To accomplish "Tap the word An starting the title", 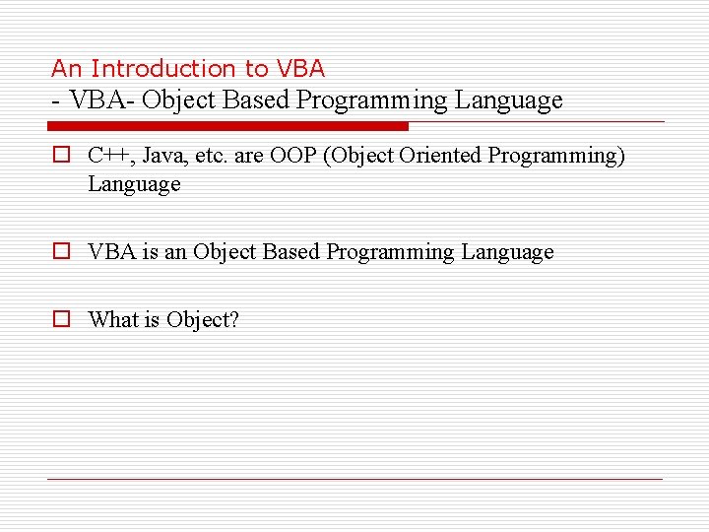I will [x=66, y=68].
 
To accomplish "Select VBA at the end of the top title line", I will [x=300, y=68].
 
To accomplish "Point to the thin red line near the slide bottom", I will [x=354, y=480].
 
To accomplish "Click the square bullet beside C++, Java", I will [x=61, y=156].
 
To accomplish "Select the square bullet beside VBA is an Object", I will [x=61, y=252].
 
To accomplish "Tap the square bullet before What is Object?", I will [x=61, y=319].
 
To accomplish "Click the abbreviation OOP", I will [x=296, y=156].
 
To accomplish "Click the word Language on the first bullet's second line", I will [x=134, y=184].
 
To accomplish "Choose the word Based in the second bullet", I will [x=292, y=252].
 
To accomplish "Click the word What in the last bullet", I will [x=112, y=319].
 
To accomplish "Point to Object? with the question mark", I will [x=203, y=319].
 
